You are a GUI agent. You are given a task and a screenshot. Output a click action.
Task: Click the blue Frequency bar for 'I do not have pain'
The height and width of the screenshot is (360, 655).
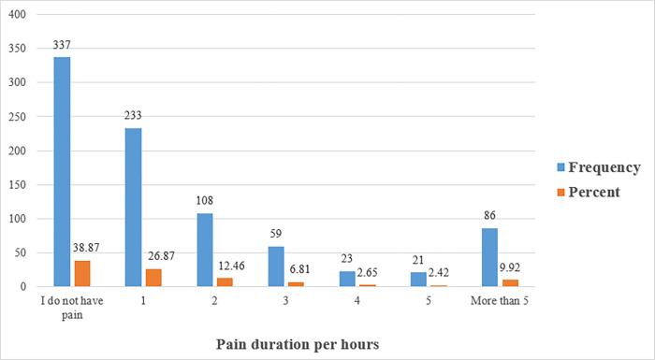pos(62,172)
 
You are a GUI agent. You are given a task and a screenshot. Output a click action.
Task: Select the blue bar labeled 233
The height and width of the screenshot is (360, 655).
pos(134,207)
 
